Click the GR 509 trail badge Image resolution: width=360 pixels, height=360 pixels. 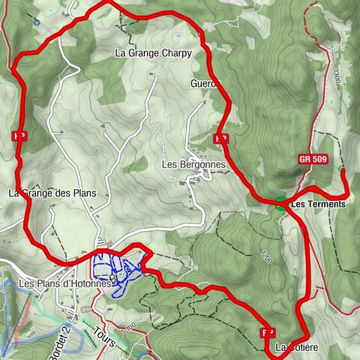pyautogui.click(x=313, y=158)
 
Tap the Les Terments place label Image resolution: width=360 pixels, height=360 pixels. pyautogui.click(x=318, y=203)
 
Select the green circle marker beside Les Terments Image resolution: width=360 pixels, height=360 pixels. pyautogui.click(x=280, y=202)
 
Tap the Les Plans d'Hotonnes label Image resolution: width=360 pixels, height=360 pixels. pyautogui.click(x=64, y=283)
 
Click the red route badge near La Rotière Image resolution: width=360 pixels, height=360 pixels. pyautogui.click(x=266, y=331)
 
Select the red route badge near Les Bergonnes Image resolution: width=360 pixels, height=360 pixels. pyautogui.click(x=220, y=139)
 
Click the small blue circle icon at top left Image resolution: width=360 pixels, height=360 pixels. pyautogui.click(x=37, y=22)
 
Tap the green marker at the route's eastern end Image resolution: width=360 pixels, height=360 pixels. pyautogui.click(x=342, y=169)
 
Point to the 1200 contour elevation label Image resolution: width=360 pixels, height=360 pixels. pyautogui.click(x=266, y=255)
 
